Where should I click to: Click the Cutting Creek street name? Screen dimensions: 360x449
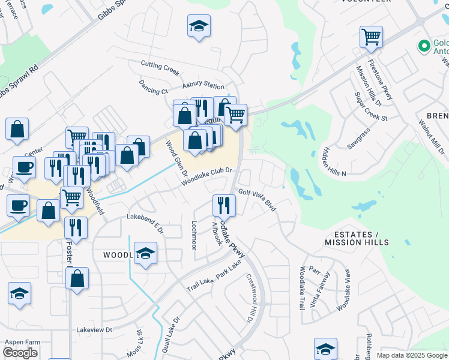[x=160, y=67]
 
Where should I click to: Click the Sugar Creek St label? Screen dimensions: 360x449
[x=371, y=107]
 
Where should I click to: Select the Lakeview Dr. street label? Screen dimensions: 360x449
[x=95, y=330]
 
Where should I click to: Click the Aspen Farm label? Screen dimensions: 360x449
[x=22, y=342]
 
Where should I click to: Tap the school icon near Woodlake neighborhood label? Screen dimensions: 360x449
[x=145, y=253]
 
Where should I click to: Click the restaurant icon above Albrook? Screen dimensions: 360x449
[x=224, y=205]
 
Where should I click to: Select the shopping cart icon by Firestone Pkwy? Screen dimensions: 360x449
[x=372, y=37]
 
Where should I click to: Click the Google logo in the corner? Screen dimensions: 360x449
[x=20, y=353]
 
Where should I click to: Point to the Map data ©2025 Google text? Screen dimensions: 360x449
[x=412, y=355]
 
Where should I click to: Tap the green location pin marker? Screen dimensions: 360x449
[x=424, y=46]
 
